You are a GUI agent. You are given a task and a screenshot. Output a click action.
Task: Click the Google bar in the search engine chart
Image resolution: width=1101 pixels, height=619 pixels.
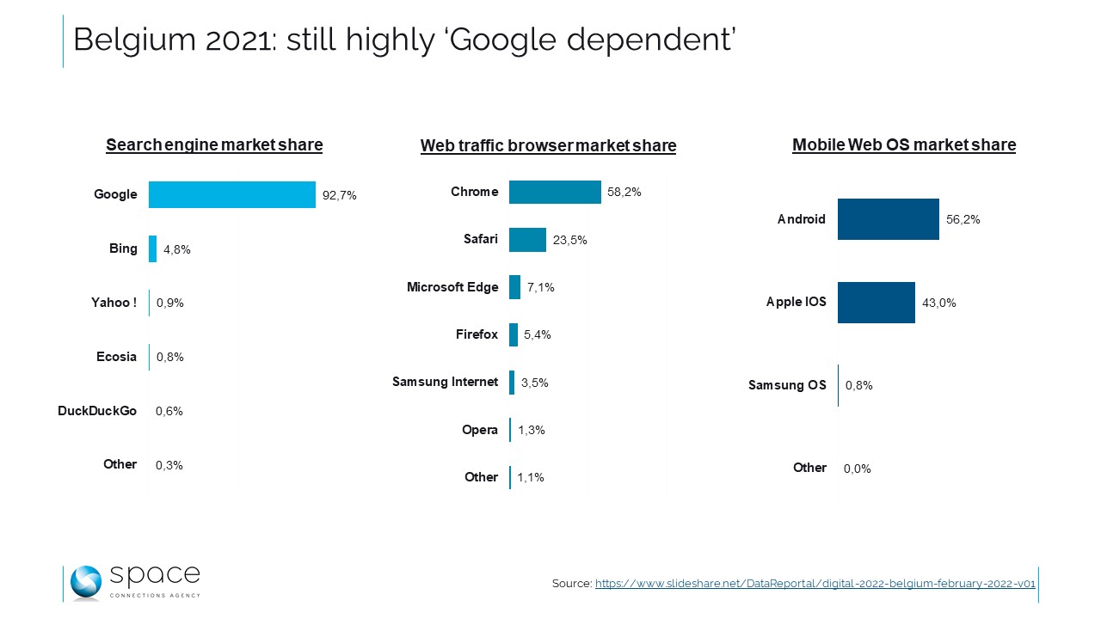point(231,194)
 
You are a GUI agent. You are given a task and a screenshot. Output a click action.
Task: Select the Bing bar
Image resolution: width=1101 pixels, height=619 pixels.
point(152,248)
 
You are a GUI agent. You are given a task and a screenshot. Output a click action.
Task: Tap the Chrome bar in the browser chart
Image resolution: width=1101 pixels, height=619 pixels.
point(555,192)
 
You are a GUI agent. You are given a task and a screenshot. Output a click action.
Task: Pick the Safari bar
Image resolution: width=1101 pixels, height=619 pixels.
point(527,240)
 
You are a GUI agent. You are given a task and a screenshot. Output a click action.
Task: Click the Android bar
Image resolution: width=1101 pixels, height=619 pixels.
point(888,219)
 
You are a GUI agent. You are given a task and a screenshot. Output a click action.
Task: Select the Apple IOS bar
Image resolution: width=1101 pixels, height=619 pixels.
point(876,302)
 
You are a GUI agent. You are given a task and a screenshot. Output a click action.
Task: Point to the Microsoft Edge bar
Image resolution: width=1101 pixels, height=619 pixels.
point(514,287)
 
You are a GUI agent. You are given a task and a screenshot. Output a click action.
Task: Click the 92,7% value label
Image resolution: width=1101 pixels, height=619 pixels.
point(339,195)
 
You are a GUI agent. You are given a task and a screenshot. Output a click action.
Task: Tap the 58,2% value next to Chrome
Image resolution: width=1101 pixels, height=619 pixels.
point(624,193)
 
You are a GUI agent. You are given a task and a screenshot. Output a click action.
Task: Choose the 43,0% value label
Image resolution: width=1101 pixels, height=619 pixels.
point(938,303)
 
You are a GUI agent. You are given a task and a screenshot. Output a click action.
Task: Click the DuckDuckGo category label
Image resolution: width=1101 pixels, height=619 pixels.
point(97,411)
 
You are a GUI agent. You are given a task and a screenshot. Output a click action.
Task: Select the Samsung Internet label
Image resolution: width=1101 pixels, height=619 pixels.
point(445,382)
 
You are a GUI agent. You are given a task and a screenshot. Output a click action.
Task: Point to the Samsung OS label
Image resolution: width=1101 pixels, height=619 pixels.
point(787,385)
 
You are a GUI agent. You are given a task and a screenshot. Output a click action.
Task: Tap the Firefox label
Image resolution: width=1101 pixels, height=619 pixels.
point(477,334)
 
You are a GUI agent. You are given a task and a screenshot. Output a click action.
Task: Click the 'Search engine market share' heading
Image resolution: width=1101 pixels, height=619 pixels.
point(214,145)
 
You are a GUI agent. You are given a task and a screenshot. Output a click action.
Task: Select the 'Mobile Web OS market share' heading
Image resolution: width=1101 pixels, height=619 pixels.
point(903,145)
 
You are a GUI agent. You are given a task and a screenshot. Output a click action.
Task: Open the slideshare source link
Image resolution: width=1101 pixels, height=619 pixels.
point(815,584)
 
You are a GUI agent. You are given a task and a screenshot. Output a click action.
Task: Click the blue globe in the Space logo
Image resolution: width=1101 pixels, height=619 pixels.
point(86,582)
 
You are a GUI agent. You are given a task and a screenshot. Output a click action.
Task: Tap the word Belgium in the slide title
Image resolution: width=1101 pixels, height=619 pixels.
point(129,40)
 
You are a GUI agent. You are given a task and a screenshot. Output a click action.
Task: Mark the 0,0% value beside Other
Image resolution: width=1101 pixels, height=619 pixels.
point(857,469)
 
